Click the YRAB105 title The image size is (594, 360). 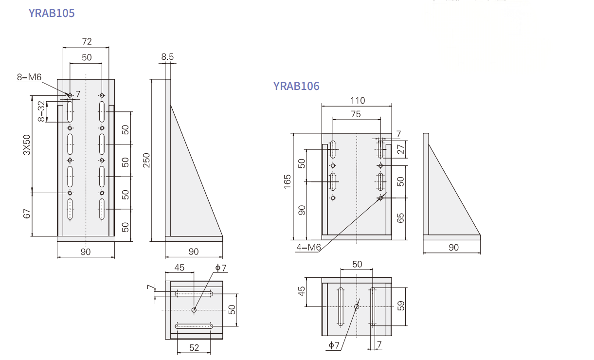click(52, 13)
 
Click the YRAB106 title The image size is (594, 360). click(296, 86)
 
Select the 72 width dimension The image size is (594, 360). click(87, 42)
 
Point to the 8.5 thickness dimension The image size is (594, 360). click(167, 57)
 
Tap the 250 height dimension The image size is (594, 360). click(146, 161)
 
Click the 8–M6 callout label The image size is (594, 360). click(29, 77)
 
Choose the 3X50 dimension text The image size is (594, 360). click(27, 145)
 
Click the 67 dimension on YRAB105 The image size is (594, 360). click(27, 214)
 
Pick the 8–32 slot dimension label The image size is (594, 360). click(41, 111)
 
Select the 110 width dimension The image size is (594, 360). click(358, 101)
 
